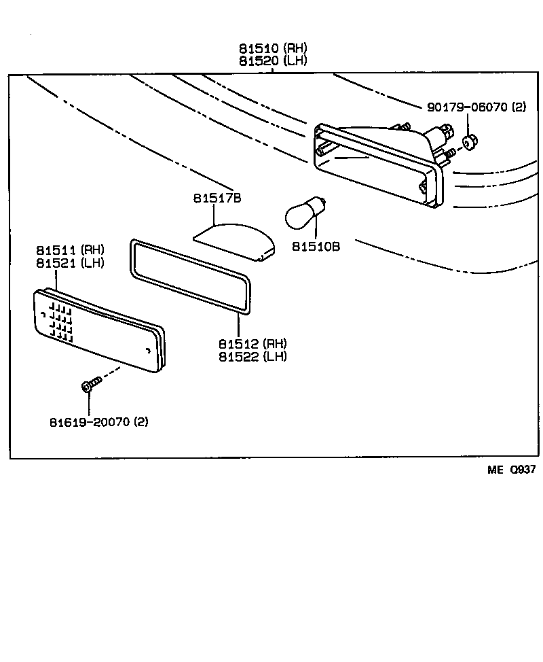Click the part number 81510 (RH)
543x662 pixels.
tap(272, 48)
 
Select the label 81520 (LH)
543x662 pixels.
tap(272, 60)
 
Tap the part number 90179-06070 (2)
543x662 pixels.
tap(476, 107)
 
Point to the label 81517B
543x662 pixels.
tap(217, 198)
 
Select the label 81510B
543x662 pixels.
tap(316, 246)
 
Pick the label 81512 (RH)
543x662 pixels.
tap(252, 345)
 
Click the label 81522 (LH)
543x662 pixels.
tap(252, 357)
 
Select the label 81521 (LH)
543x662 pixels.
tap(71, 263)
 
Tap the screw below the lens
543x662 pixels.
tap(90, 385)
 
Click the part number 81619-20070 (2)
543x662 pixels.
tap(98, 422)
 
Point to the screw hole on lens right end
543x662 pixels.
tap(149, 351)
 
